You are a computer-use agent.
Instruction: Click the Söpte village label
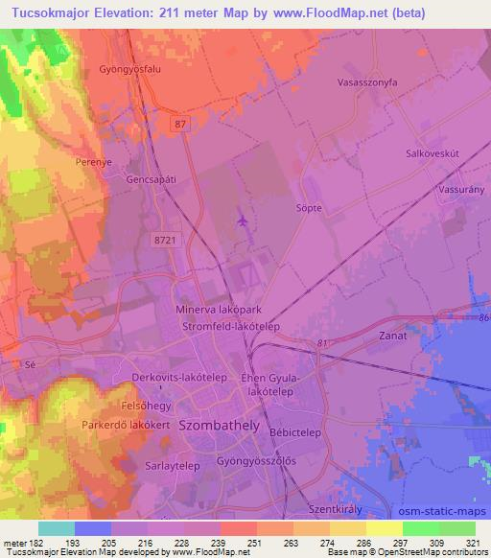(308, 206)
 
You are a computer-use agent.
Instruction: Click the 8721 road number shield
(164, 243)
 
